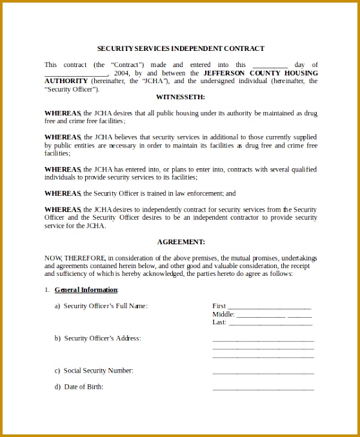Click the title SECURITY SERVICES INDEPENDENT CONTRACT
pos(180,48)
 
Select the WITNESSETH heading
pos(180,97)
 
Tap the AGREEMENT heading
pos(180,242)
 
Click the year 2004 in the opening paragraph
pos(122,73)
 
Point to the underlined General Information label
pos(86,289)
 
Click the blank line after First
pos(270,306)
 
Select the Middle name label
pos(223,314)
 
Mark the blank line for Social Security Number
pos(263,372)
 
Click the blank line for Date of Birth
pos(263,389)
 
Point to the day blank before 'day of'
pos(270,66)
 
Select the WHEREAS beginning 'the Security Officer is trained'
pos(63,193)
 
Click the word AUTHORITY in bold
pos(66,81)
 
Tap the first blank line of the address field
pos(263,340)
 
